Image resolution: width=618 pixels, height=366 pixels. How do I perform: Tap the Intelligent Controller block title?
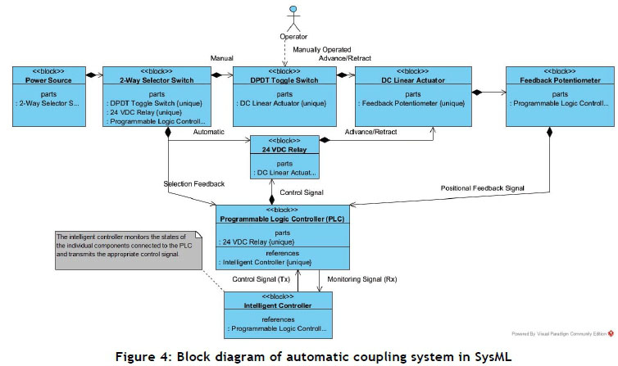pos(279,305)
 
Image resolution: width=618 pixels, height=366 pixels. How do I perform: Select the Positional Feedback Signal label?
pos(482,188)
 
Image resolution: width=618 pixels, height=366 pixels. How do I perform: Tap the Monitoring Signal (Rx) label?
pos(361,280)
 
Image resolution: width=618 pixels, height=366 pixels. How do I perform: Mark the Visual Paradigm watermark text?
pos(558,334)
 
